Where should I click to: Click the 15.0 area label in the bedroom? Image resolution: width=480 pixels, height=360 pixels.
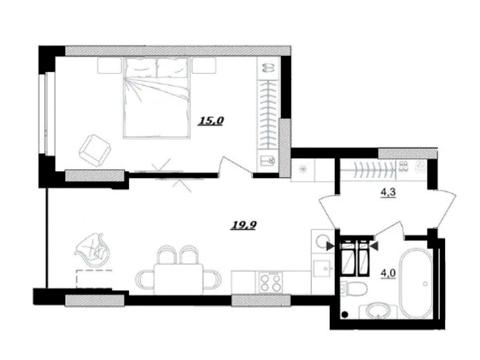tap(211, 121)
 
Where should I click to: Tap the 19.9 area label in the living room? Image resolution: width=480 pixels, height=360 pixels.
tap(244, 226)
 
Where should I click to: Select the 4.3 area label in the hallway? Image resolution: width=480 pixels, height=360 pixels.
tap(388, 193)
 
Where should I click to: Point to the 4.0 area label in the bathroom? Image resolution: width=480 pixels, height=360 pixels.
tap(388, 273)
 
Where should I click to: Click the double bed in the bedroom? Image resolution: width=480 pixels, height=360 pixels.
tap(157, 97)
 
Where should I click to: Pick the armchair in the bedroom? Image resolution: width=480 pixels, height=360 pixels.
tap(95, 150)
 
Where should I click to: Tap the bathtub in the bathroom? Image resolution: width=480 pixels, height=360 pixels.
tap(417, 284)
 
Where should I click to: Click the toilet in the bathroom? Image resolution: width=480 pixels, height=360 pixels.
tap(354, 289)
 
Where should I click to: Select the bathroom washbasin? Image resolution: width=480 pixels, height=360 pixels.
tap(378, 311)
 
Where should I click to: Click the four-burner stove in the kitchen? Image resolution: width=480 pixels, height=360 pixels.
tap(269, 282)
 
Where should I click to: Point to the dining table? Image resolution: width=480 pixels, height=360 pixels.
tap(178, 279)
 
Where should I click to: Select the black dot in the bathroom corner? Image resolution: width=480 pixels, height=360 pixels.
tap(345, 314)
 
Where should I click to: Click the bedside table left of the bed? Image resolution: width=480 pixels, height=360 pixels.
tap(109, 65)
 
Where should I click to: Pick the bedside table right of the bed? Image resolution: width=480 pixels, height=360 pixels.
tap(204, 65)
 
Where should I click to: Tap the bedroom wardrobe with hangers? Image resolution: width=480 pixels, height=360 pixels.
tap(268, 114)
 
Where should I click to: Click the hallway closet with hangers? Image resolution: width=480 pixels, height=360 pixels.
tap(383, 170)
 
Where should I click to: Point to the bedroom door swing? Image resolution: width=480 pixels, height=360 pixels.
tap(235, 166)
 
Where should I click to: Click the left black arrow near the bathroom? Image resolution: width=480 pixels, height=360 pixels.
tap(330, 246)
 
